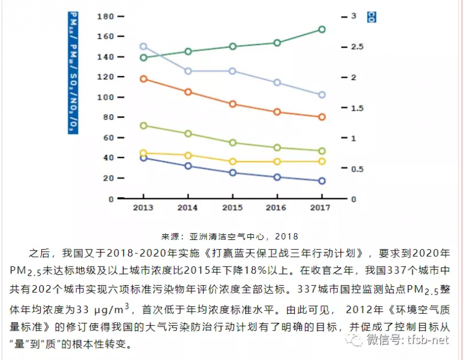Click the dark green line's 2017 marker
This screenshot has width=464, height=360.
pos(321,30)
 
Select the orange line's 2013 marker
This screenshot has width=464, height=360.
pos(144,79)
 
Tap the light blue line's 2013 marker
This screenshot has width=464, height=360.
pos(144,46)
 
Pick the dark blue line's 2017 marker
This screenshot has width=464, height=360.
pos(321,181)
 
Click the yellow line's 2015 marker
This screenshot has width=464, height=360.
pos(233,162)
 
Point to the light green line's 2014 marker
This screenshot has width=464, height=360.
pos(188,134)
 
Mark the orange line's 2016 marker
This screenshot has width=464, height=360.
pos(277,112)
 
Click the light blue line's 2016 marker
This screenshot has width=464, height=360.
pos(277,83)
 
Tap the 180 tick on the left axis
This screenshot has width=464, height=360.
pos(105,16)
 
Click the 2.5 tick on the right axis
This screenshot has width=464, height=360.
pos(356,47)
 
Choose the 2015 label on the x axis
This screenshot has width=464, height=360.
pos(233,208)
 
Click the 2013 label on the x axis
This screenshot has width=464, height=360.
pos(144,208)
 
